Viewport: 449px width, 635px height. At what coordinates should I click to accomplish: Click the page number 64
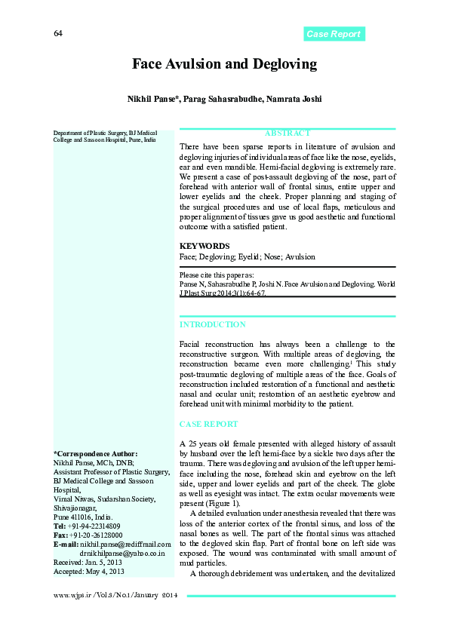[x=58, y=34]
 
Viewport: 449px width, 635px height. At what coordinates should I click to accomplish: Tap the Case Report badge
[x=334, y=34]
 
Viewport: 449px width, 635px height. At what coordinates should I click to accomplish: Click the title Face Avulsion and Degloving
[x=224, y=64]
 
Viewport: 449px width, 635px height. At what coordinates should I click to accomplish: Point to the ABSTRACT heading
[x=288, y=133]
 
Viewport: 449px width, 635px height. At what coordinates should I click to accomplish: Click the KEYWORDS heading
[x=205, y=246]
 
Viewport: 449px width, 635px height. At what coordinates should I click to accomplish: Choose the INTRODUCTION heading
[x=212, y=324]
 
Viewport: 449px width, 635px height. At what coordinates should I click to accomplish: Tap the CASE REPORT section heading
[x=208, y=425]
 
